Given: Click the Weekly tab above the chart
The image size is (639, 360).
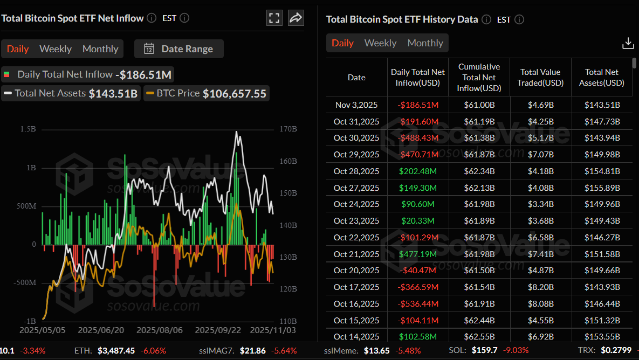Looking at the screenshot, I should (55, 49).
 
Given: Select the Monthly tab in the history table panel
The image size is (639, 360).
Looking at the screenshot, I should (425, 43).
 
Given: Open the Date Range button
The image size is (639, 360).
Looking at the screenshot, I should (179, 49).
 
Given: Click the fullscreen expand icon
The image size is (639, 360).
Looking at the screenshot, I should (274, 18).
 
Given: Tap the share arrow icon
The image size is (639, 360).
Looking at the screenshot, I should (296, 18).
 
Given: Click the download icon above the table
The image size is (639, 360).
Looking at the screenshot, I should (628, 43).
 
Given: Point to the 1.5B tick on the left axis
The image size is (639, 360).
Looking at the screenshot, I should (28, 129).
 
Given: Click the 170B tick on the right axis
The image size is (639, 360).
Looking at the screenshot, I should (289, 129).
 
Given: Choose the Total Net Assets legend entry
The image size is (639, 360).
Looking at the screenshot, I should (70, 93).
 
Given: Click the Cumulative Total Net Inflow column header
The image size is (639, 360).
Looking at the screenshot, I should (479, 77).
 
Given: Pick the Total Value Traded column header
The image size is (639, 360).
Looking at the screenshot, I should (541, 77).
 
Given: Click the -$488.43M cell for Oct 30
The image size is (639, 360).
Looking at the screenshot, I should (418, 138).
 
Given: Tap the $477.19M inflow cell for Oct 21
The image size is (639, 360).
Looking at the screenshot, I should (418, 254).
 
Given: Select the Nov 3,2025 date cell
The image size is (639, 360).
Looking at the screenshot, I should (356, 105).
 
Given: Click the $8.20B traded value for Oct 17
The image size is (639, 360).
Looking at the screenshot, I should (541, 287).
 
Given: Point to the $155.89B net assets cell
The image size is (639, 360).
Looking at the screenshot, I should (602, 188).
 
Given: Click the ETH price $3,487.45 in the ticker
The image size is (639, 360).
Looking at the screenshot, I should (116, 350).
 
